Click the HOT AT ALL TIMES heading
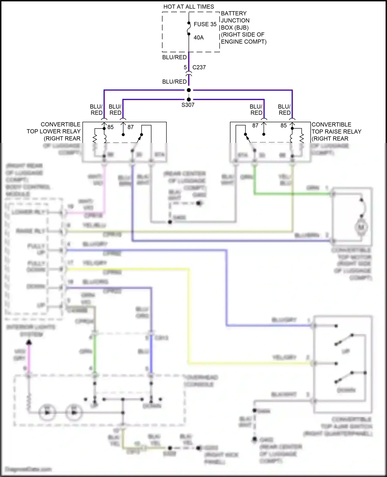[189, 7]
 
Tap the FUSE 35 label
[205, 24]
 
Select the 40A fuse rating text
[198, 38]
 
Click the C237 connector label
[199, 67]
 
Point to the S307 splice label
[188, 105]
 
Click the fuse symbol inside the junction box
[189, 28]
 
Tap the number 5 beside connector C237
[185, 67]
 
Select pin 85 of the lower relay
[110, 127]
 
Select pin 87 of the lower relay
[131, 127]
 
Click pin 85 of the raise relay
[284, 126]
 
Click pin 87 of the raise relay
[255, 126]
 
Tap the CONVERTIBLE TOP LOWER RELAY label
[54, 132]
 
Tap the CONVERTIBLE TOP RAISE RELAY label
[336, 132]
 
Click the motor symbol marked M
[361, 227]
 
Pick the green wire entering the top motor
[292, 194]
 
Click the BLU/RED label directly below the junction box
[174, 57]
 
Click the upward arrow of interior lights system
[29, 342]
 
